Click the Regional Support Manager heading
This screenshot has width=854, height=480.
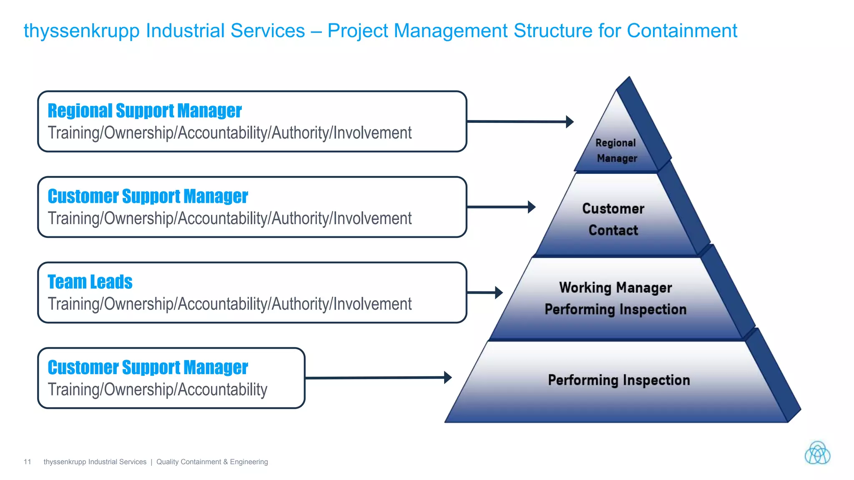pyautogui.click(x=144, y=111)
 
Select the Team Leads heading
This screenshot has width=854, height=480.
pyautogui.click(x=90, y=282)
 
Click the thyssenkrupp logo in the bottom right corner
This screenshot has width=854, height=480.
pyautogui.click(x=817, y=453)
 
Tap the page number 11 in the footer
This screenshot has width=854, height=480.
pyautogui.click(x=28, y=462)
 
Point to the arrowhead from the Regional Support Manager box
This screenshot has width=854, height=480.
pyautogui.click(x=570, y=122)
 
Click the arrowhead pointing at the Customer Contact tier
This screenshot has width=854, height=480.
pyautogui.click(x=531, y=207)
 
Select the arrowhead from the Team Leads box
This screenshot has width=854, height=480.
pyautogui.click(x=499, y=292)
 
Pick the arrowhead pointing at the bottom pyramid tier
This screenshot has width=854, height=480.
pyautogui.click(x=448, y=377)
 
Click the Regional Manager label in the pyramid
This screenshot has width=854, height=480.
pyautogui.click(x=616, y=150)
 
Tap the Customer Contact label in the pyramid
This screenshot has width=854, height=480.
pyautogui.click(x=613, y=219)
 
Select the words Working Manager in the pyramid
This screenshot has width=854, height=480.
pyautogui.click(x=615, y=287)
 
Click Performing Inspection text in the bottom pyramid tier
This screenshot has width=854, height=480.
pyautogui.click(x=618, y=380)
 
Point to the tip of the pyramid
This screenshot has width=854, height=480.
pyautogui.click(x=628, y=78)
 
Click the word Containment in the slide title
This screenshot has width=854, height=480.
pyautogui.click(x=682, y=31)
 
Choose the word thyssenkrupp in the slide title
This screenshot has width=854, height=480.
pyautogui.click(x=81, y=31)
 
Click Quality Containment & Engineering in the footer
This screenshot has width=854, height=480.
pyautogui.click(x=212, y=462)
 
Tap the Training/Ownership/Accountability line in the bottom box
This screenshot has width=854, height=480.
pyautogui.click(x=157, y=390)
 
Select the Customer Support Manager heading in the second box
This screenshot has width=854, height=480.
pyautogui.click(x=148, y=196)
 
